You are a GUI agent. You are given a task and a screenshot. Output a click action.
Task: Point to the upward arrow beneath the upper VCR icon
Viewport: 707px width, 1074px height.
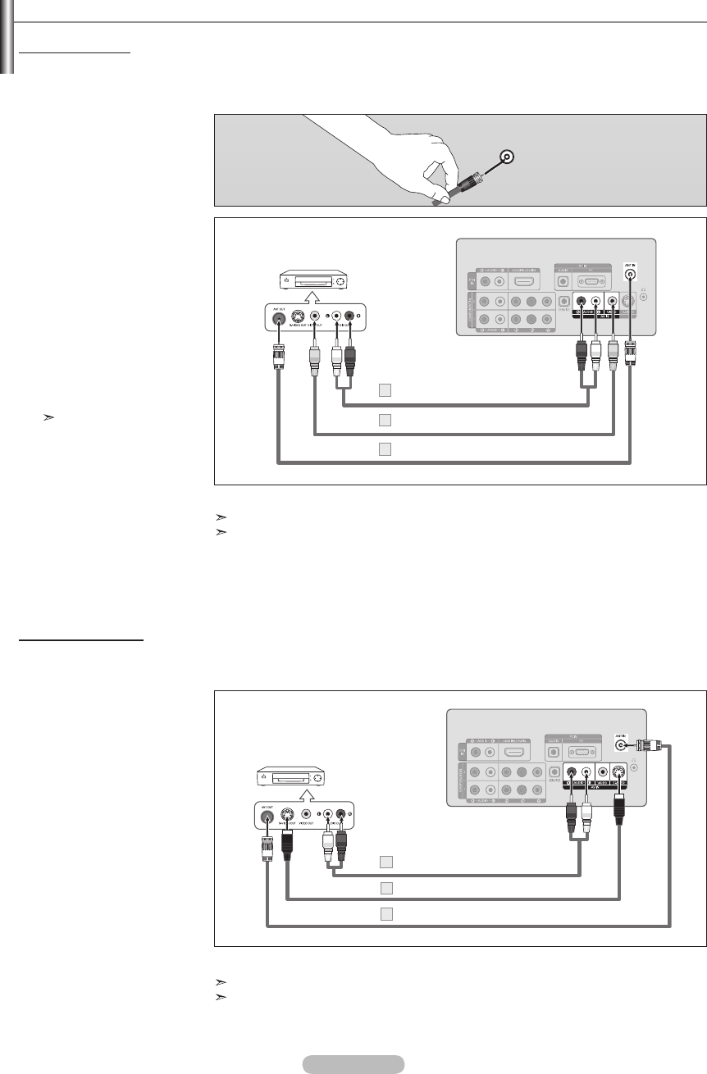(316, 300)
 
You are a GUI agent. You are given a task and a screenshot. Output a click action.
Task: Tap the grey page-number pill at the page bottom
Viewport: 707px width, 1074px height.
(353, 1064)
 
